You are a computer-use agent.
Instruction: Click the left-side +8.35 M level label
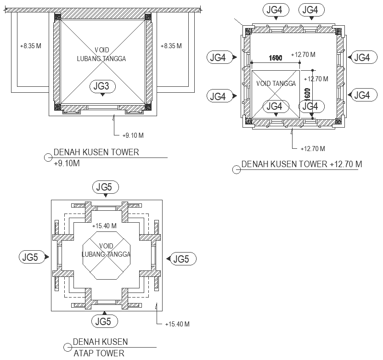(31, 46)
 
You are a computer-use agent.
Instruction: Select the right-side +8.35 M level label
(171, 46)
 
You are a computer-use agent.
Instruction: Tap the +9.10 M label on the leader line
(134, 135)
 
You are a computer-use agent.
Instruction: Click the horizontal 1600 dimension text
(275, 58)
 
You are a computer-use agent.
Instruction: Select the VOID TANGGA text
(276, 84)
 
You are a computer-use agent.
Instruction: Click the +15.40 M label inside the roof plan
(104, 226)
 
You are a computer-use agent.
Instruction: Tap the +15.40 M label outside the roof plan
(177, 324)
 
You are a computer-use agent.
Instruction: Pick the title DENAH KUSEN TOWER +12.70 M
(301, 164)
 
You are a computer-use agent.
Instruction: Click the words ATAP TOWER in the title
(99, 353)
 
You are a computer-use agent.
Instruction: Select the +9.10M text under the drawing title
(67, 163)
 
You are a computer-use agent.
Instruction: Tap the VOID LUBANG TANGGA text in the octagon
(106, 250)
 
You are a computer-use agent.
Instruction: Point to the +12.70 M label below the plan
(313, 148)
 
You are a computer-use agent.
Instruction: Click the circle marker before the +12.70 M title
(237, 169)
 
